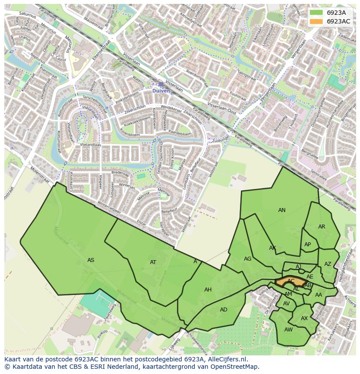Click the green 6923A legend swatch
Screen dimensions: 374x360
[316, 13]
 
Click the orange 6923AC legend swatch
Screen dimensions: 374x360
[316, 21]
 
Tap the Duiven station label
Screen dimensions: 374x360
[161, 91]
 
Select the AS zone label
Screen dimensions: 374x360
[90, 260]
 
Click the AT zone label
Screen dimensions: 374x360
[153, 262]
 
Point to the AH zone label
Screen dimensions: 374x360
[208, 290]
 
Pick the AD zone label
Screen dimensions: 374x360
[223, 310]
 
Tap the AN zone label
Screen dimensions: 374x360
[282, 210]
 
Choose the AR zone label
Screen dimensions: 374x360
[321, 227]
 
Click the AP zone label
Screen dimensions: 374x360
[307, 245]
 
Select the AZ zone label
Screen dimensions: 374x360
[327, 264]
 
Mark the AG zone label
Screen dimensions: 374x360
[247, 259]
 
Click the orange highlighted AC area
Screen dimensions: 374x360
[290, 281]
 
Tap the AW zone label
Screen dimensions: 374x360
[288, 330]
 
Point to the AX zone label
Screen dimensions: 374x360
[304, 318]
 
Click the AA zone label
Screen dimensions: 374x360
[318, 295]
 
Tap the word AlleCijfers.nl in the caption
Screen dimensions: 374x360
[227, 360]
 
